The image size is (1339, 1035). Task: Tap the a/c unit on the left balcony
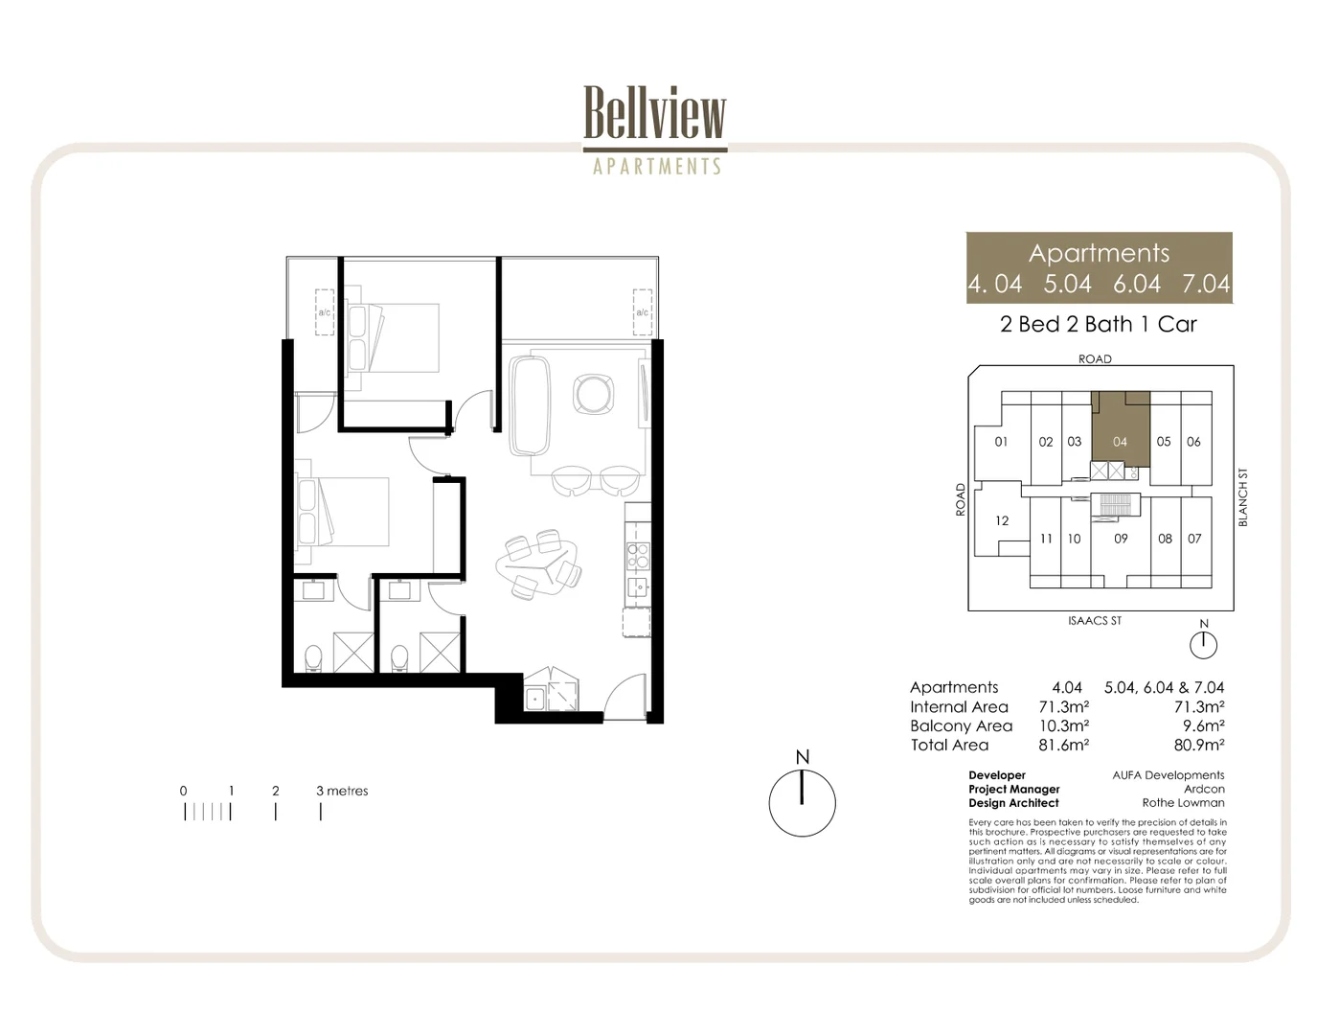click(325, 311)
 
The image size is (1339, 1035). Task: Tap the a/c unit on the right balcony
click(642, 311)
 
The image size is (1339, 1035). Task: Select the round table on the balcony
click(593, 393)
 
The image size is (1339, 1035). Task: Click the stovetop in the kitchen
click(637, 556)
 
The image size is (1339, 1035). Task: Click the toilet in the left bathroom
click(312, 657)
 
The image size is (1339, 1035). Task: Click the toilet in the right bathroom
click(399, 657)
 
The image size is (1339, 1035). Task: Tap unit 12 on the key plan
click(1002, 520)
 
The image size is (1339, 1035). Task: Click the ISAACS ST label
click(1095, 621)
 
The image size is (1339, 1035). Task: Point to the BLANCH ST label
click(1242, 497)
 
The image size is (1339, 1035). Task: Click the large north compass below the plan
click(803, 802)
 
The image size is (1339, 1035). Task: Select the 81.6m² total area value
click(1063, 745)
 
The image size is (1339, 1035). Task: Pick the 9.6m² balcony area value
click(1203, 725)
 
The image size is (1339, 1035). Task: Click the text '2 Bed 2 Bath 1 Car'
click(1099, 324)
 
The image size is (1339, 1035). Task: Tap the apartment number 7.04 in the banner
click(1205, 284)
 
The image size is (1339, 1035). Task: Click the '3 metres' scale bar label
click(342, 791)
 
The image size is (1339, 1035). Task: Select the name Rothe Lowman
click(1183, 803)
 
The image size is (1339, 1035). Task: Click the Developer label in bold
click(996, 775)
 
